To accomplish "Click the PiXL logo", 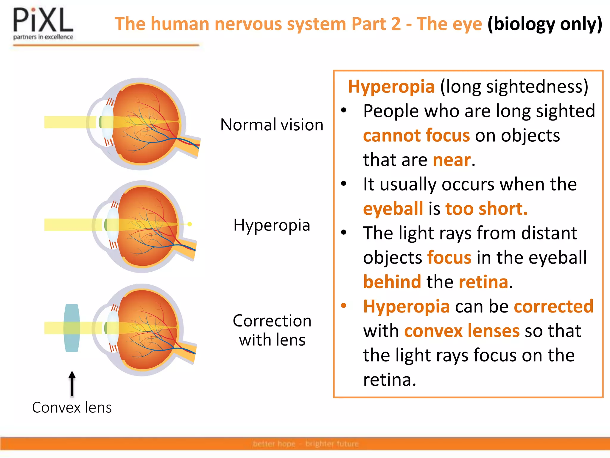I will [43, 24].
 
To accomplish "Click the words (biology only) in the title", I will [544, 24].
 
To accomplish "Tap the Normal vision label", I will [272, 125].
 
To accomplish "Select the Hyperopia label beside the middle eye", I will [272, 225].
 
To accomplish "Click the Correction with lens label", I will [272, 330].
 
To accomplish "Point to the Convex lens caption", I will [72, 408].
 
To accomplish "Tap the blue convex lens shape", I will [72, 328].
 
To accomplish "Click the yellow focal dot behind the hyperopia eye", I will [190, 224].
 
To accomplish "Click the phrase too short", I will [486, 209].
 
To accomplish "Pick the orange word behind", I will [392, 282].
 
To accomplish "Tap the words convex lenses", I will [462, 331].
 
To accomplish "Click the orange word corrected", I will [553, 306].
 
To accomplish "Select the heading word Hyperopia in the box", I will [391, 87].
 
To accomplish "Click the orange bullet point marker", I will [344, 306].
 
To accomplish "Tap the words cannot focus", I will [416, 136].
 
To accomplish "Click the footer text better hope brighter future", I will [305, 444].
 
